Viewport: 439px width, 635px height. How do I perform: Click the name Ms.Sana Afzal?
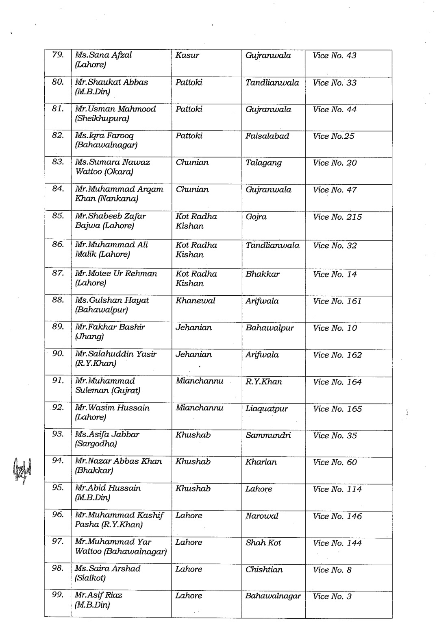(103, 55)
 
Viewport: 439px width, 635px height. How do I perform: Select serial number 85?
(58, 216)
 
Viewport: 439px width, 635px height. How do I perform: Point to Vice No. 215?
(337, 217)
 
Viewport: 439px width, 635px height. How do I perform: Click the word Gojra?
(256, 217)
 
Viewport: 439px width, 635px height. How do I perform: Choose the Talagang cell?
(263, 163)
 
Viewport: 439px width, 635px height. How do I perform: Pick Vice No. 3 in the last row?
(332, 597)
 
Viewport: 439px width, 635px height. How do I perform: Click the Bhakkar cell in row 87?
(262, 275)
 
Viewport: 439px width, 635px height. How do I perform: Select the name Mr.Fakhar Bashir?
(110, 327)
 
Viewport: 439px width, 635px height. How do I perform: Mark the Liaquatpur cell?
(266, 409)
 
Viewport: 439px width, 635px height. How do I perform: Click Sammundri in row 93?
(268, 436)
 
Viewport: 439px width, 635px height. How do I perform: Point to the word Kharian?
(261, 463)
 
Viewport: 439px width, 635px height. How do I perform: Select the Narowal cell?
(262, 516)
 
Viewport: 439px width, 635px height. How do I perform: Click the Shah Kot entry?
(263, 543)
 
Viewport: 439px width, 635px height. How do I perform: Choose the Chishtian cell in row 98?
(264, 570)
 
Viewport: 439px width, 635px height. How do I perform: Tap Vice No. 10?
(335, 328)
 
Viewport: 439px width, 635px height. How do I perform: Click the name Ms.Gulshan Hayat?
(112, 301)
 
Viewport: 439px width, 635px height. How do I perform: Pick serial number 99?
(58, 595)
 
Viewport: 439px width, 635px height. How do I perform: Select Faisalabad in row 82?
(267, 136)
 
